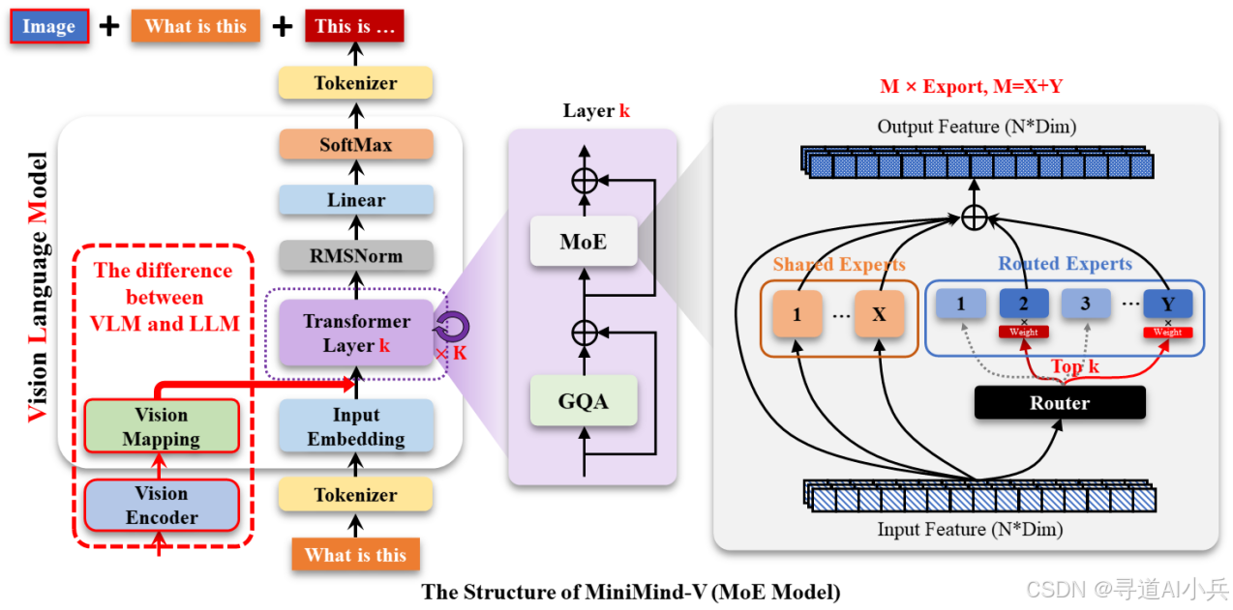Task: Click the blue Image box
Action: pos(49,27)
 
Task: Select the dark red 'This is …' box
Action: pos(354,27)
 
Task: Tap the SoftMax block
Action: pos(355,145)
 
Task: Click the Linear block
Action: pos(355,200)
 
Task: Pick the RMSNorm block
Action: pos(355,256)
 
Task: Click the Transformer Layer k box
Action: pos(355,333)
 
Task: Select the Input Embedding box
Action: pos(355,426)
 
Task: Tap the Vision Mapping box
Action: pos(161,426)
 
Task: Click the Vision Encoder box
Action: pos(161,505)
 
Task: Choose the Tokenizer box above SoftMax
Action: pos(355,83)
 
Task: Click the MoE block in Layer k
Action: pos(583,241)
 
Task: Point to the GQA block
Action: pos(583,400)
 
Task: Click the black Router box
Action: pos(1059,403)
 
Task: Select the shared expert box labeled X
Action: pos(879,314)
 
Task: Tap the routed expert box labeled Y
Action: pos(1167,304)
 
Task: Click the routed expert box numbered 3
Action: pos(1085,304)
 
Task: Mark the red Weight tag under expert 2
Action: pos(1023,332)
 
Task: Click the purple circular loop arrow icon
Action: pos(452,324)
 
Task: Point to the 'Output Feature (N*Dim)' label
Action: pos(977,127)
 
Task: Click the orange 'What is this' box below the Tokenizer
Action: pos(355,555)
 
